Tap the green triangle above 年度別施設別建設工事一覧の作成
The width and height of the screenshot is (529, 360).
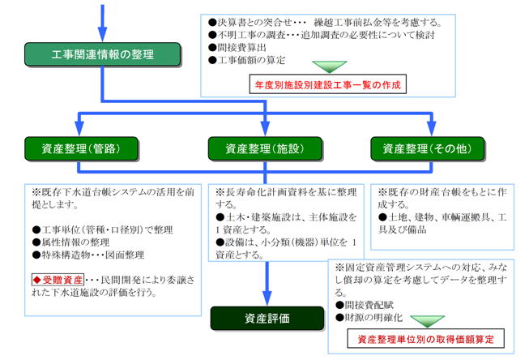pos(329,67)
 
